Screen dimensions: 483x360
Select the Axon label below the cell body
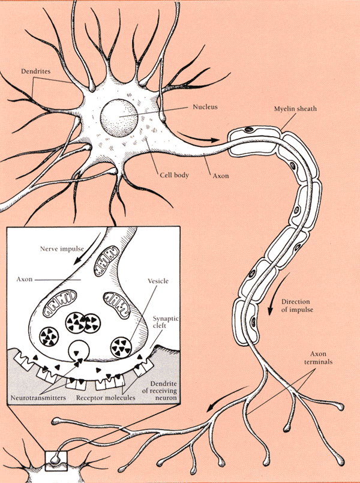click(x=220, y=176)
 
